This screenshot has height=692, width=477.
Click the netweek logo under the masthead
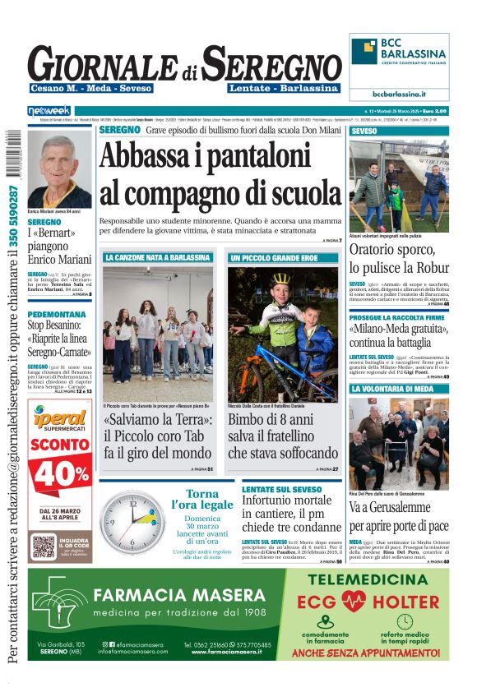[49, 111]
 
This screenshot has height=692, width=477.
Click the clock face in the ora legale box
[132, 520]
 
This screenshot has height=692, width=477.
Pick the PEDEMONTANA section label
[54, 315]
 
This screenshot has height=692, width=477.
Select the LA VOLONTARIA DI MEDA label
[391, 389]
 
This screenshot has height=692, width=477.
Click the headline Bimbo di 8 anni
[271, 422]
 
